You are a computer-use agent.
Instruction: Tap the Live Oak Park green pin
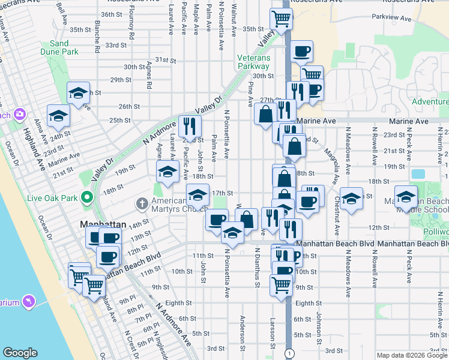[87, 197]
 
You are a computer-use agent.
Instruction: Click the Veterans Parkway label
[254, 62]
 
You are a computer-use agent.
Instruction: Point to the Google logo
[20, 353]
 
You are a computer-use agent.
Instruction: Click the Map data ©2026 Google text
[412, 355]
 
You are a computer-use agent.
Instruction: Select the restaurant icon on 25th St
[190, 126]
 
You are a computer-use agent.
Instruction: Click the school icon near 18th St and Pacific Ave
[167, 172]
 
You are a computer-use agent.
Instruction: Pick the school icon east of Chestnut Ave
[351, 197]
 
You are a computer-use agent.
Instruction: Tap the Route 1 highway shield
[289, 352]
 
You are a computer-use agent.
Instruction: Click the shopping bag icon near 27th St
[265, 114]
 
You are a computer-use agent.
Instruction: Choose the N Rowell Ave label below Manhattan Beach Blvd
[375, 277]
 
